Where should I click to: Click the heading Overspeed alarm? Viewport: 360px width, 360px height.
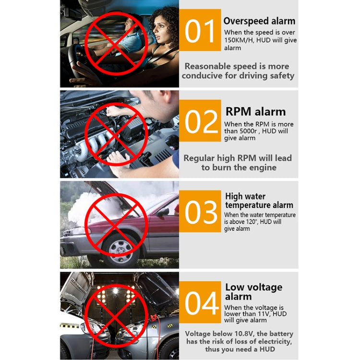259,21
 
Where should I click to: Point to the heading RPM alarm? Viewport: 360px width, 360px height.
256,112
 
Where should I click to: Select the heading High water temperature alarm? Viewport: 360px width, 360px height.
259,201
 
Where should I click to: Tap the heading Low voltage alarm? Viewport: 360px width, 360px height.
253,291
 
